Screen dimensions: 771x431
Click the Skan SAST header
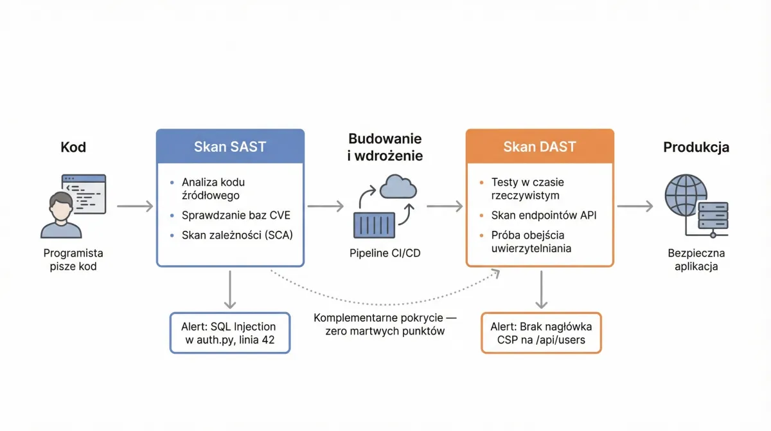pos(230,146)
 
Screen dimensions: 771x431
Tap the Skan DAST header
pos(540,146)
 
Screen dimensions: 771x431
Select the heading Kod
pos(73,147)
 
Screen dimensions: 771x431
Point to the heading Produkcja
pos(696,147)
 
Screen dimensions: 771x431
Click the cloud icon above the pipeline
pos(398,187)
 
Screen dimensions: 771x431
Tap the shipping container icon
pos(374,225)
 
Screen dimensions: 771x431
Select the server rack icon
pos(713,215)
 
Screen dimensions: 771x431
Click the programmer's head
pos(61,206)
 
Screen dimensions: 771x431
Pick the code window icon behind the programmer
pos(84,194)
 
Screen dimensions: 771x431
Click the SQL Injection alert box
pos(230,333)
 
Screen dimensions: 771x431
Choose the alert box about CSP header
pos(541,333)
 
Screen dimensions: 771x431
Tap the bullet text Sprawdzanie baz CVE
pos(236,215)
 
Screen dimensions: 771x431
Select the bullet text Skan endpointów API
pos(544,215)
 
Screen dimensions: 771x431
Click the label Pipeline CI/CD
pos(385,253)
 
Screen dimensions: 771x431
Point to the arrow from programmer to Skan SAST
pos(135,206)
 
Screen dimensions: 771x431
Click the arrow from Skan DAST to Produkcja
pos(635,206)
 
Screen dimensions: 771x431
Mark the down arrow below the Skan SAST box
pos(230,289)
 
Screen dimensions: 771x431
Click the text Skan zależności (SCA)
pos(237,235)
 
